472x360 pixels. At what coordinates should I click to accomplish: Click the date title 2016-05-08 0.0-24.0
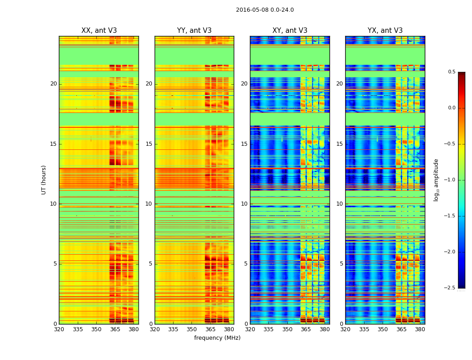click(265, 10)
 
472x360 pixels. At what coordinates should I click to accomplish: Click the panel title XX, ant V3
click(99, 31)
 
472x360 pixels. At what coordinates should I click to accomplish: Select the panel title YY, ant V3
click(194, 31)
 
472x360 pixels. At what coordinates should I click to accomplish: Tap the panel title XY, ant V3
click(290, 31)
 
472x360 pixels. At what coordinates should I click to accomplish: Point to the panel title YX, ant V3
click(385, 31)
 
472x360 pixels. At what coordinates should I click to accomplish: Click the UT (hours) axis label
click(44, 180)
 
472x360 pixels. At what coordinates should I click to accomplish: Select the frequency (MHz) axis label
click(217, 338)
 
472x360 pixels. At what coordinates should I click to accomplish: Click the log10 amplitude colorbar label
click(436, 180)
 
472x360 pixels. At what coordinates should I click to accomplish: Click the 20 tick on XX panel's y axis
click(53, 84)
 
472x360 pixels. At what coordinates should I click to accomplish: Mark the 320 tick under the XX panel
click(59, 329)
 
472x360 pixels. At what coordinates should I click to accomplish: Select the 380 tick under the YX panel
click(420, 329)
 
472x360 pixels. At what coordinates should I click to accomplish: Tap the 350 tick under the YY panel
click(192, 329)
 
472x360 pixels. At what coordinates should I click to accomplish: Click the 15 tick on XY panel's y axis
click(244, 144)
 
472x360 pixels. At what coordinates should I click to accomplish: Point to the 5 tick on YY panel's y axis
click(151, 264)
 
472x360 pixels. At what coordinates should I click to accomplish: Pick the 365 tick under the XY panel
click(306, 329)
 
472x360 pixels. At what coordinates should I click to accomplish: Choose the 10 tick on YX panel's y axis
click(339, 204)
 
